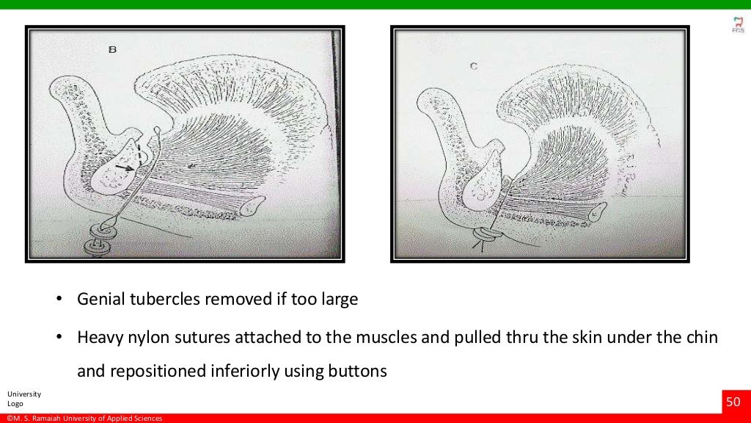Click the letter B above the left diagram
coord(112,50)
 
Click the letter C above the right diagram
coord(474,66)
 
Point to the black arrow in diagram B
coord(125,168)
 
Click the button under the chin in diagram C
coord(486,237)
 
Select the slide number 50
coord(733,402)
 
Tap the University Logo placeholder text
coord(24,399)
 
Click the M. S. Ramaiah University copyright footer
coord(84,419)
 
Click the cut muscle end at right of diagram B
coord(254,205)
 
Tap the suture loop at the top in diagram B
coord(156,132)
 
